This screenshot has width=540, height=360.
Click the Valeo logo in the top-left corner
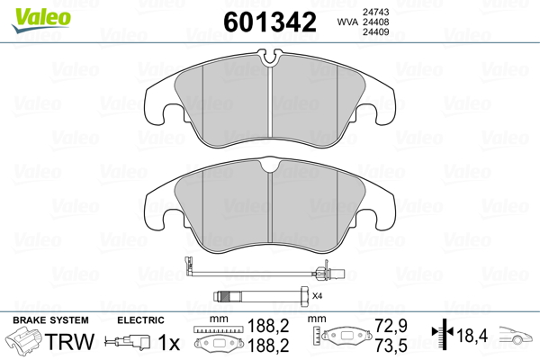point(41,20)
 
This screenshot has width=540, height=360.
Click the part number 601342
point(270,22)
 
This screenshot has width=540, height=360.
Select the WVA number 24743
point(375,12)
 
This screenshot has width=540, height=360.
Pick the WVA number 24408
point(375,22)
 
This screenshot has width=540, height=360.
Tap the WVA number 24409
point(375,32)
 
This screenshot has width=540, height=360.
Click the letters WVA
point(347,22)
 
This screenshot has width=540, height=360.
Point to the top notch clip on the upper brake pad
point(270,57)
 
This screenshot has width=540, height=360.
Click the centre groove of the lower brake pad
point(270,207)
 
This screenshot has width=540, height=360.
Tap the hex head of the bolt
point(305,296)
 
